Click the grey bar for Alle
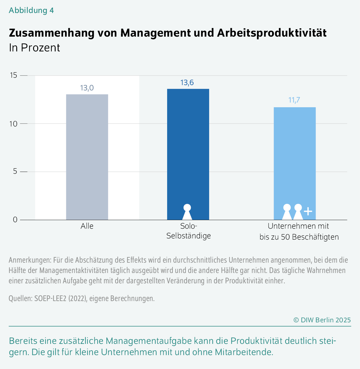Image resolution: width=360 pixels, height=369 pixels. pos(87,157)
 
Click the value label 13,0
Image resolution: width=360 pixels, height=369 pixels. pos(87,88)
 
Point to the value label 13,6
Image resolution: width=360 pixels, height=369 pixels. pos(187,82)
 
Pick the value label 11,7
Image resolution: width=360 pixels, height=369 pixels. pos(294,100)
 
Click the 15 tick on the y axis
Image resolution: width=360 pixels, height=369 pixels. pos(13,76)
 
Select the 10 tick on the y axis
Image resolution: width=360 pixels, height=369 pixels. pos(13,124)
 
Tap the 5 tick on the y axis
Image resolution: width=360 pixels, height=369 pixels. pos(15,172)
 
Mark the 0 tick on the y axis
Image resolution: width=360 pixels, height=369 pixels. pos(15,220)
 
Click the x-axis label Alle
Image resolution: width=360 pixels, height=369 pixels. pos(87,226)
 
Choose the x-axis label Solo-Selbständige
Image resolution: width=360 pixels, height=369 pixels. pos(188,231)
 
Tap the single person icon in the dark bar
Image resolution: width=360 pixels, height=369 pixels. pos(187,212)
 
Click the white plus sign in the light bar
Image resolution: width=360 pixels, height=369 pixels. pos(308,212)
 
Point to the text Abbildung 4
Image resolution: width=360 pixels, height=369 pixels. pos(31,10)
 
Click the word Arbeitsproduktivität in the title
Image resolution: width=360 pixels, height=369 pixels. pos(272,33)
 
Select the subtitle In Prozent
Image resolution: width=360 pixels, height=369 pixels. pos(34,48)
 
